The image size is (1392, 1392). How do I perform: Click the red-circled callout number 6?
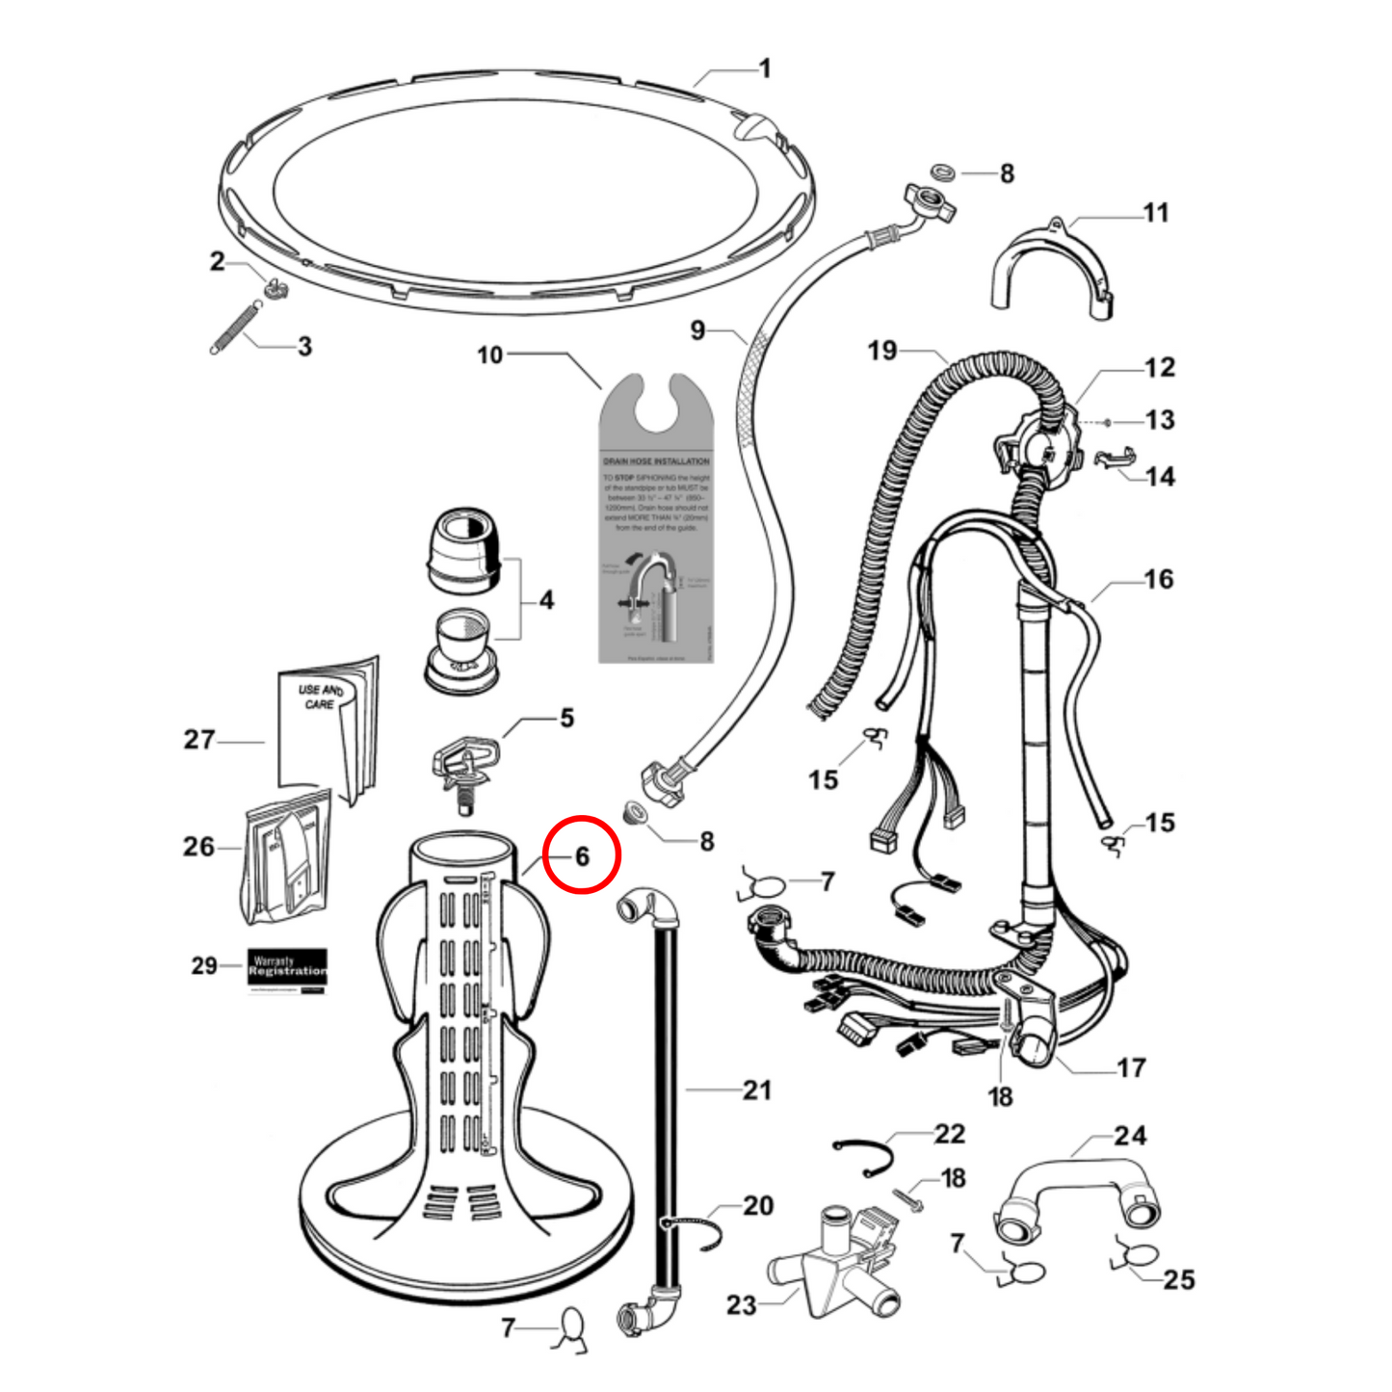coord(582,855)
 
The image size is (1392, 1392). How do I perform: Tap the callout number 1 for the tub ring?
coord(765,68)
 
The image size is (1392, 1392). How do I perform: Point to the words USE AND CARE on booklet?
coord(320,696)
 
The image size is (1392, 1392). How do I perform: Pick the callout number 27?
coord(199,740)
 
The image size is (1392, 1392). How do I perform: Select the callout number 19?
coord(881,351)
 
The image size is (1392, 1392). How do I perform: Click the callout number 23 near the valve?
coord(741,1305)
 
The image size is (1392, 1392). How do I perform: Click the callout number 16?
coord(1159,579)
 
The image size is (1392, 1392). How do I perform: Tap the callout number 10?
coord(490,355)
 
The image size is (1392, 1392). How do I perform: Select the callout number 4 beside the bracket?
coord(546,600)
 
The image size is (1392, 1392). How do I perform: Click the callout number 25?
coord(1179,1280)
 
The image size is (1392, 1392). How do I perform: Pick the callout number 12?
coord(1160,367)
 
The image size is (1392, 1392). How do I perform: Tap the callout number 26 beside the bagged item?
coord(198,847)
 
